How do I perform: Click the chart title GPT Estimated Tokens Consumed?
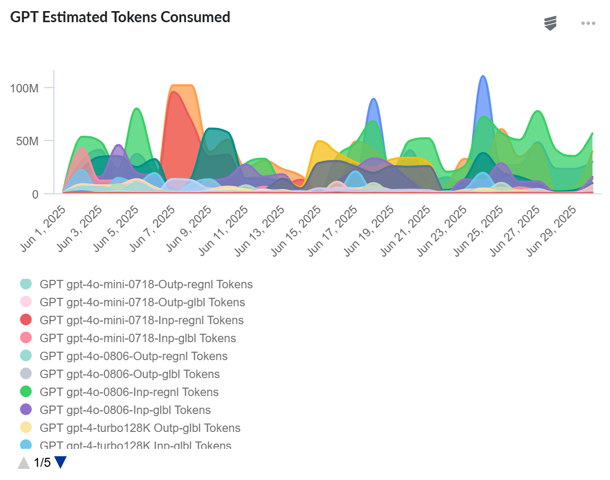pyautogui.click(x=120, y=17)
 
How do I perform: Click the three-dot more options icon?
pyautogui.click(x=588, y=23)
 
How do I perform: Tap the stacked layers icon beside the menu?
pyautogui.click(x=550, y=23)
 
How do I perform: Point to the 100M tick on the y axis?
pyautogui.click(x=24, y=88)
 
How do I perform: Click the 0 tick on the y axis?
pyautogui.click(x=35, y=194)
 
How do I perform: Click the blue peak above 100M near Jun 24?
pyautogui.click(x=482, y=77)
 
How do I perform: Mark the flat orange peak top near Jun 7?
pyautogui.click(x=183, y=86)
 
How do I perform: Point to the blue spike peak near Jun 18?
pyautogui.click(x=373, y=99)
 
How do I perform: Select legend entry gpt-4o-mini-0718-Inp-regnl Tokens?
pyautogui.click(x=142, y=320)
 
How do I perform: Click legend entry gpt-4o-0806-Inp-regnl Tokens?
pyautogui.click(x=129, y=392)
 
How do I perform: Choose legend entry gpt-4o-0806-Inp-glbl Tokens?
pyautogui.click(x=125, y=410)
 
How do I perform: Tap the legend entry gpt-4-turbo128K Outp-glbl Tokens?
pyautogui.click(x=140, y=428)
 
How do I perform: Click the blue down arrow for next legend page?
pyautogui.click(x=61, y=463)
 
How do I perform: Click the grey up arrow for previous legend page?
pyautogui.click(x=24, y=463)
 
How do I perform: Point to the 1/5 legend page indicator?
pyautogui.click(x=42, y=463)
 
